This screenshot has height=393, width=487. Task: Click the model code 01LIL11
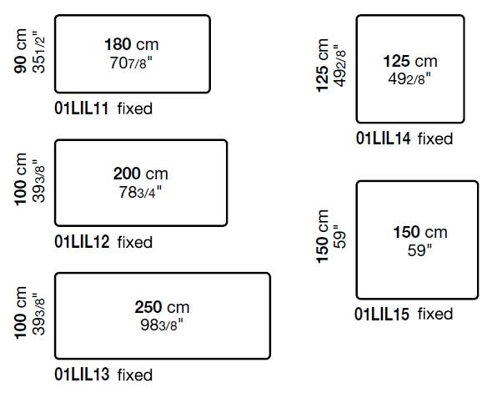(82, 108)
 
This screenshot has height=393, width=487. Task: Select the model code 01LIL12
(82, 241)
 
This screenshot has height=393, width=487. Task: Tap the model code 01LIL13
(82, 374)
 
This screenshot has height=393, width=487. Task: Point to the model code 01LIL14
(384, 139)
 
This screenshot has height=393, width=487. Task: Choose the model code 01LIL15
(382, 314)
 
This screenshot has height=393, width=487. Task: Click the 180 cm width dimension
(132, 44)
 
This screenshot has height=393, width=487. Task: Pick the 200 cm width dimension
(141, 174)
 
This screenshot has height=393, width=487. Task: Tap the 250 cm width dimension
(162, 307)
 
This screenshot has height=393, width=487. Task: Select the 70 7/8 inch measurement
(131, 63)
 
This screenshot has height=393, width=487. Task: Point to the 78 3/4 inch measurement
(140, 192)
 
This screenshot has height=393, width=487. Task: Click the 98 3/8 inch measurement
(162, 325)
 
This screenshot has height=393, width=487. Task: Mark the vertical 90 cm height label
(21, 51)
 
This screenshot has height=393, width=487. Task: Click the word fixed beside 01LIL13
(135, 375)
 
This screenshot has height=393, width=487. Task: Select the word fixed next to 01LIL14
(435, 139)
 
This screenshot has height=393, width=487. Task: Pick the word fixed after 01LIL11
(135, 108)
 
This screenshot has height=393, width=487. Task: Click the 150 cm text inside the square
(420, 232)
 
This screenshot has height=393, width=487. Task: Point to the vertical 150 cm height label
(322, 236)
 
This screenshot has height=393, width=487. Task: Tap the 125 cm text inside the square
(410, 61)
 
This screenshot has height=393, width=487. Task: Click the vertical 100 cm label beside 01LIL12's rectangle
(21, 179)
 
